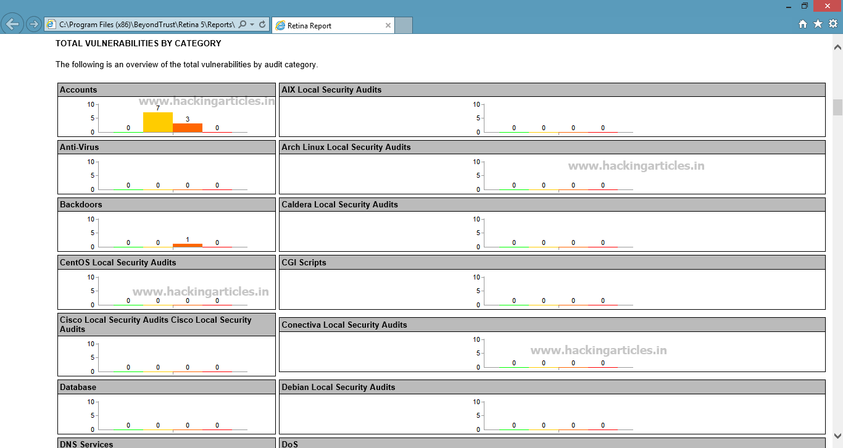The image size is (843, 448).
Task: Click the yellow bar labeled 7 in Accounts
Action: pos(158,122)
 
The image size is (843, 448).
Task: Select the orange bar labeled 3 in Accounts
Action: pos(188,128)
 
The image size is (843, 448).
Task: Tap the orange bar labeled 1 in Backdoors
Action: pos(188,245)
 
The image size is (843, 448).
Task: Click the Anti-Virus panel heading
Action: pos(79,147)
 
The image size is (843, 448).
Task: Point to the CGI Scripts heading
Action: pos(304,262)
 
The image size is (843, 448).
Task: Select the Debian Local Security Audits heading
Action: pos(338,387)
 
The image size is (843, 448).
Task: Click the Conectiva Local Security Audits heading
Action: pos(344,325)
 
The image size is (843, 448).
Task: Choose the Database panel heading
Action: pos(78,387)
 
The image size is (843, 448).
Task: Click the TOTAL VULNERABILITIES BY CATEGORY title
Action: pos(138,43)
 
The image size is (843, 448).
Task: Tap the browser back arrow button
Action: pos(12,25)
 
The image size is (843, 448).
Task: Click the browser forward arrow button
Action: pos(33,25)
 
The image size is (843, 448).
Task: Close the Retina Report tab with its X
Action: pos(388,25)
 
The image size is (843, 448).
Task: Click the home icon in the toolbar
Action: pos(803,24)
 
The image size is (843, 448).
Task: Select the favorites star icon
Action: pos(818,24)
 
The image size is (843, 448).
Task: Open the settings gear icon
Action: pos(833,24)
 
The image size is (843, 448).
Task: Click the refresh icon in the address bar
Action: pos(262,25)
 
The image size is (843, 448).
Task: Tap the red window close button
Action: pos(827,6)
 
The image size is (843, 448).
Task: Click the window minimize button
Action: pos(789,7)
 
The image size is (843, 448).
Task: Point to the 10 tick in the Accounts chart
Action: pos(91,104)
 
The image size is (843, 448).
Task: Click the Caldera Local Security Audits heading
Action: pos(339,205)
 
